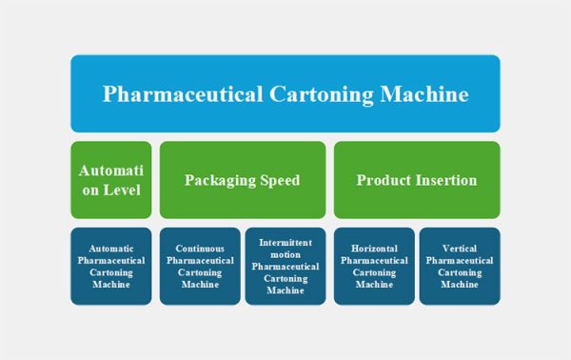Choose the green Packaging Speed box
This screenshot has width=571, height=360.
242,179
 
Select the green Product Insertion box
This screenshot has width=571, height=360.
416,179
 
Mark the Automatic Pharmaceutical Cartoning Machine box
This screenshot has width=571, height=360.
111,266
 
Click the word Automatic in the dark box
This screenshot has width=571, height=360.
111,247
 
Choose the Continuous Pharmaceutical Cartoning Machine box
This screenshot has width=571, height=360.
199,266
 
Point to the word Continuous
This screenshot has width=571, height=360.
199,247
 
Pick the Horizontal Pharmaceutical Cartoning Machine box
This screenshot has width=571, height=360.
374,266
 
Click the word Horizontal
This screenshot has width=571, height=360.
374,247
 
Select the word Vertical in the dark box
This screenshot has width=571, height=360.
460,247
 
